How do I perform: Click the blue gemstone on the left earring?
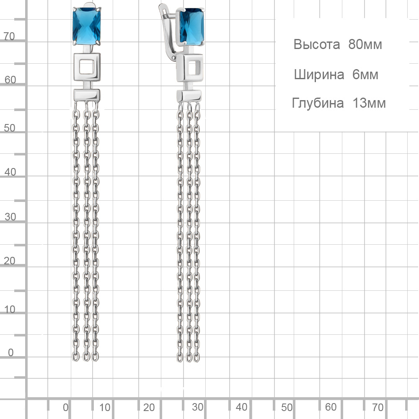pyautogui.click(x=87, y=26)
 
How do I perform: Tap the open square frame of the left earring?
pyautogui.click(x=87, y=67)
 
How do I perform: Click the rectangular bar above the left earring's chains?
pyautogui.click(x=87, y=95)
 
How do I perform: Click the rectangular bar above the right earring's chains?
pyautogui.click(x=189, y=96)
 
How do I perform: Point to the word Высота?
pyautogui.click(x=317, y=44)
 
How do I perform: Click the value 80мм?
pyautogui.click(x=365, y=44)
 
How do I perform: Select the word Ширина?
pyautogui.click(x=319, y=75)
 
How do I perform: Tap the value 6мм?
pyautogui.click(x=365, y=74)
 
